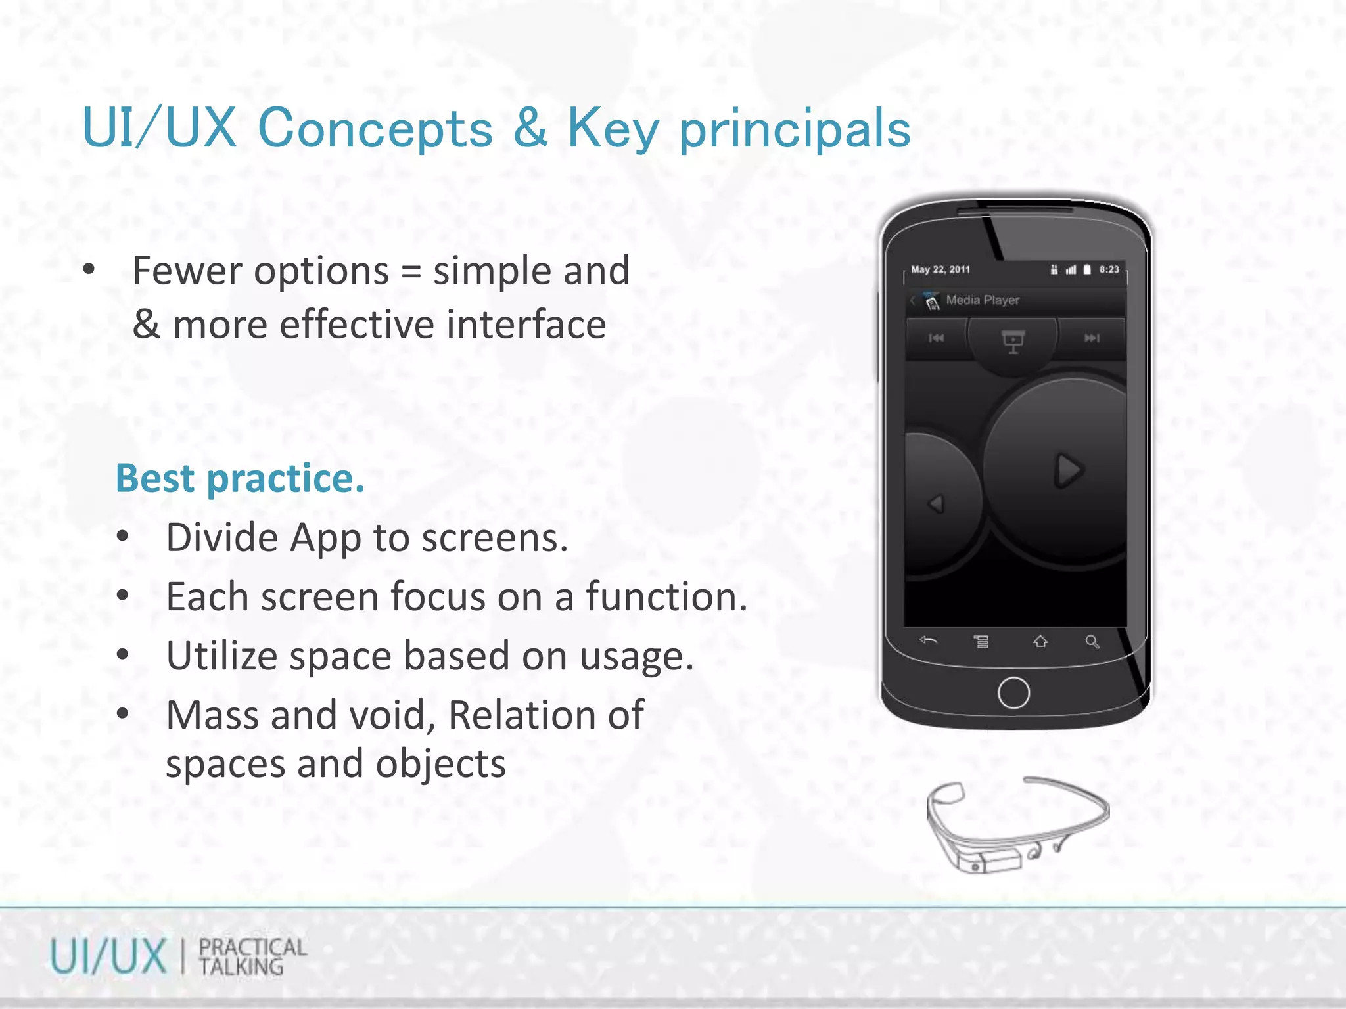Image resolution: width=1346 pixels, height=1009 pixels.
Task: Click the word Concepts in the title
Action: click(375, 128)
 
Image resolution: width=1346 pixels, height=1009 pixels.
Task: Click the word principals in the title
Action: click(795, 129)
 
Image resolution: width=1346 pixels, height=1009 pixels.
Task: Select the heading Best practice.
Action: click(240, 478)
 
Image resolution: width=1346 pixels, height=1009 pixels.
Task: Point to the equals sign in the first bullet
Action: click(411, 272)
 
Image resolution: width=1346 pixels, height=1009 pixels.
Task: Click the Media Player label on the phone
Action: click(982, 300)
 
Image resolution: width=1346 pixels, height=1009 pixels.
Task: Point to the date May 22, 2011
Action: click(940, 269)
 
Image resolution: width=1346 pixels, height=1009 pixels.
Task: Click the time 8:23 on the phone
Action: click(1109, 269)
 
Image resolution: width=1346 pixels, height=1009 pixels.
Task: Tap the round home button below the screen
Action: click(1013, 692)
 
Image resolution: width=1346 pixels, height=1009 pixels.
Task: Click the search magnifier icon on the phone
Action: click(1092, 642)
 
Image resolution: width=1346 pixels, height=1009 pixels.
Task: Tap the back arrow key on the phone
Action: click(928, 640)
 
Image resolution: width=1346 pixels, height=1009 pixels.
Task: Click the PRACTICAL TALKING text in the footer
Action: click(252, 956)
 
